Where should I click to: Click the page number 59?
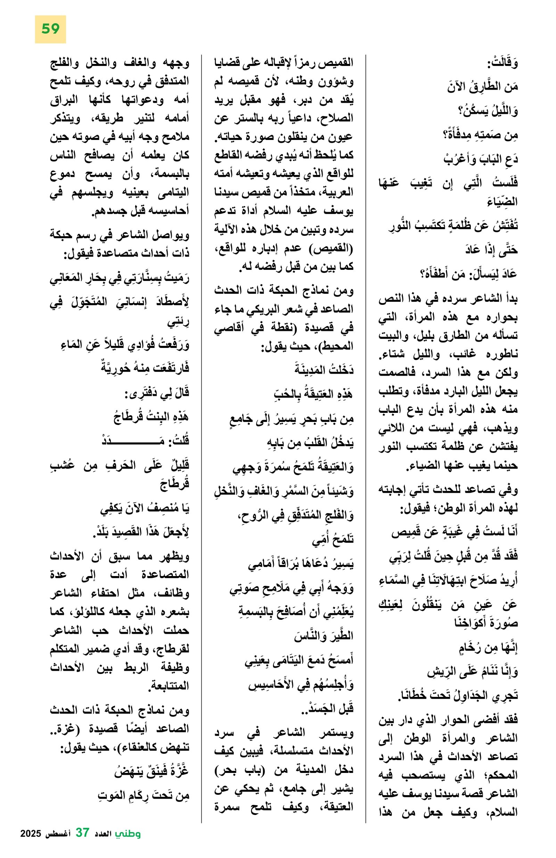tap(50, 29)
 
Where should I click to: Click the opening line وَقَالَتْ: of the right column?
tap(502, 64)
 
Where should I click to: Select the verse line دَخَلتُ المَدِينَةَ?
tap(324, 370)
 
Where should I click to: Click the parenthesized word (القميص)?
tap(332, 248)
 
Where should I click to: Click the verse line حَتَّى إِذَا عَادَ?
tap(491, 250)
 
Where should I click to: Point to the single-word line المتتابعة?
tap(169, 685)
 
